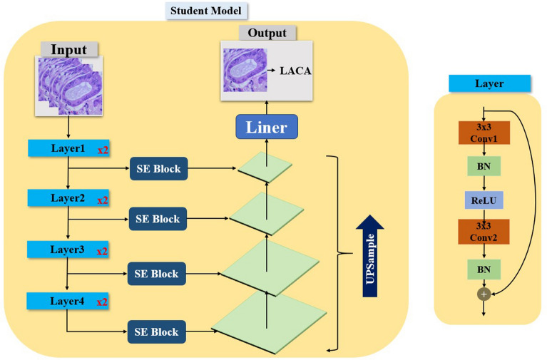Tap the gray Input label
(x=69, y=49)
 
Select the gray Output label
(x=267, y=33)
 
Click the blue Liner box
(x=266, y=128)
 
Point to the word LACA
(x=296, y=71)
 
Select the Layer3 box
(x=68, y=250)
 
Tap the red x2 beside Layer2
(x=102, y=201)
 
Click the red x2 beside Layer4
(x=102, y=302)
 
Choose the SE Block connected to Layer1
(x=158, y=169)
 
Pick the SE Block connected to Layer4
(x=158, y=331)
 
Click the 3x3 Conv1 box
(x=484, y=133)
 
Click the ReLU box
(x=484, y=200)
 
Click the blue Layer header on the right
(x=489, y=84)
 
